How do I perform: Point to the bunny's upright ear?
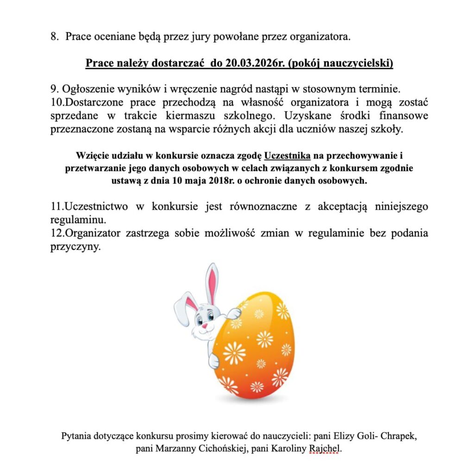[212, 282]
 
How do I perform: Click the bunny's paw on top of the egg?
[234, 313]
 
